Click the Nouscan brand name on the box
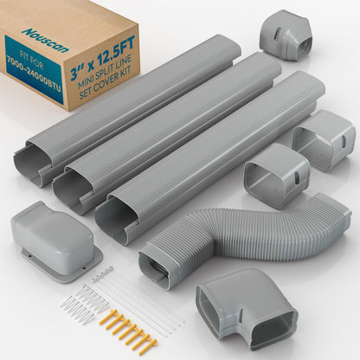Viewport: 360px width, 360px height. click(46, 41)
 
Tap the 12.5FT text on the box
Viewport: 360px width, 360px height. click(114, 53)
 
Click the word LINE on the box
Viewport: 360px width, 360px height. click(125, 61)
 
